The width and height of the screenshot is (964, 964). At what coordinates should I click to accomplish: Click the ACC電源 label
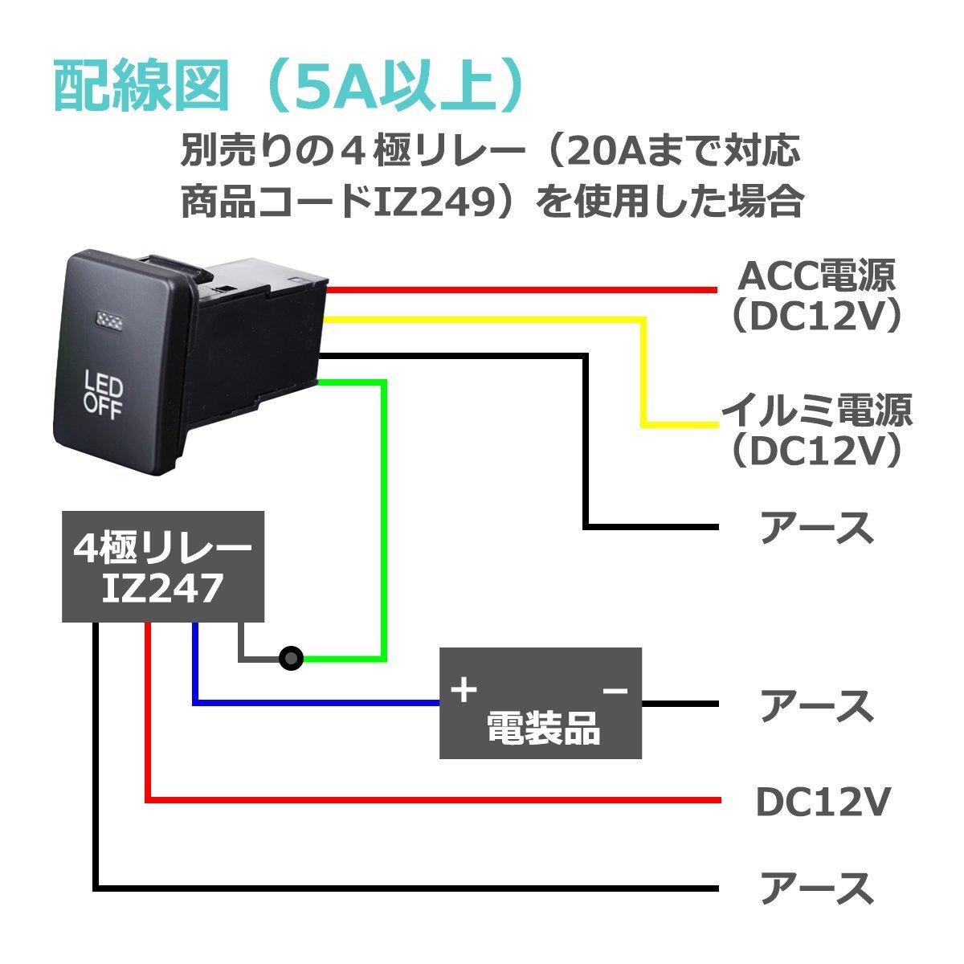point(816,278)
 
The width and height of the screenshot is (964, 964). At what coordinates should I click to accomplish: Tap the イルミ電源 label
point(816,412)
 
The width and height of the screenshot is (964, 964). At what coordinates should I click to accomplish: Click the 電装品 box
point(540,704)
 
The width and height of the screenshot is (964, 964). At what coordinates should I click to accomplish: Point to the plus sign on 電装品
point(464,690)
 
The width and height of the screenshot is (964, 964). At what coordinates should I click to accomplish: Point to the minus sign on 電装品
point(615,690)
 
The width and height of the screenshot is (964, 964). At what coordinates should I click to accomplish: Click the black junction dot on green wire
point(291,659)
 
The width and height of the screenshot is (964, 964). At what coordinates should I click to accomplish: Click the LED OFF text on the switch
point(104,396)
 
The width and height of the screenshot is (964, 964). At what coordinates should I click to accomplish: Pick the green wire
point(385,522)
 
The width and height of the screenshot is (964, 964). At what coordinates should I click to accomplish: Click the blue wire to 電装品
point(321,704)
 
